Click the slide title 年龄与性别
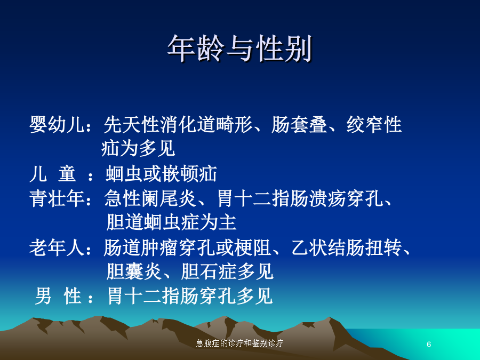(239, 49)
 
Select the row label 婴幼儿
(57, 125)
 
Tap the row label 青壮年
(57, 198)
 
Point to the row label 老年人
(57, 247)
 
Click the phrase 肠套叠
(299, 125)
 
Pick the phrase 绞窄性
(374, 125)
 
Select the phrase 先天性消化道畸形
(178, 125)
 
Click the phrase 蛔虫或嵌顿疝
(161, 173)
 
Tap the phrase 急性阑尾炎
(150, 198)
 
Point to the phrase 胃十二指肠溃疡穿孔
(300, 198)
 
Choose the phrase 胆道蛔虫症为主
(171, 222)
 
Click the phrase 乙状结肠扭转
(346, 247)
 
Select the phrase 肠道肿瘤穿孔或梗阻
(187, 247)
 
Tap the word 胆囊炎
(134, 271)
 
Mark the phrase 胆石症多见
(227, 271)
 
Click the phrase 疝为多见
(138, 148)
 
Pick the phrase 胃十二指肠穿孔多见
(190, 296)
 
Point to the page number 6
(429, 344)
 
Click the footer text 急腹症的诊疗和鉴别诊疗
(239, 343)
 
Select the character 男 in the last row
(43, 296)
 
